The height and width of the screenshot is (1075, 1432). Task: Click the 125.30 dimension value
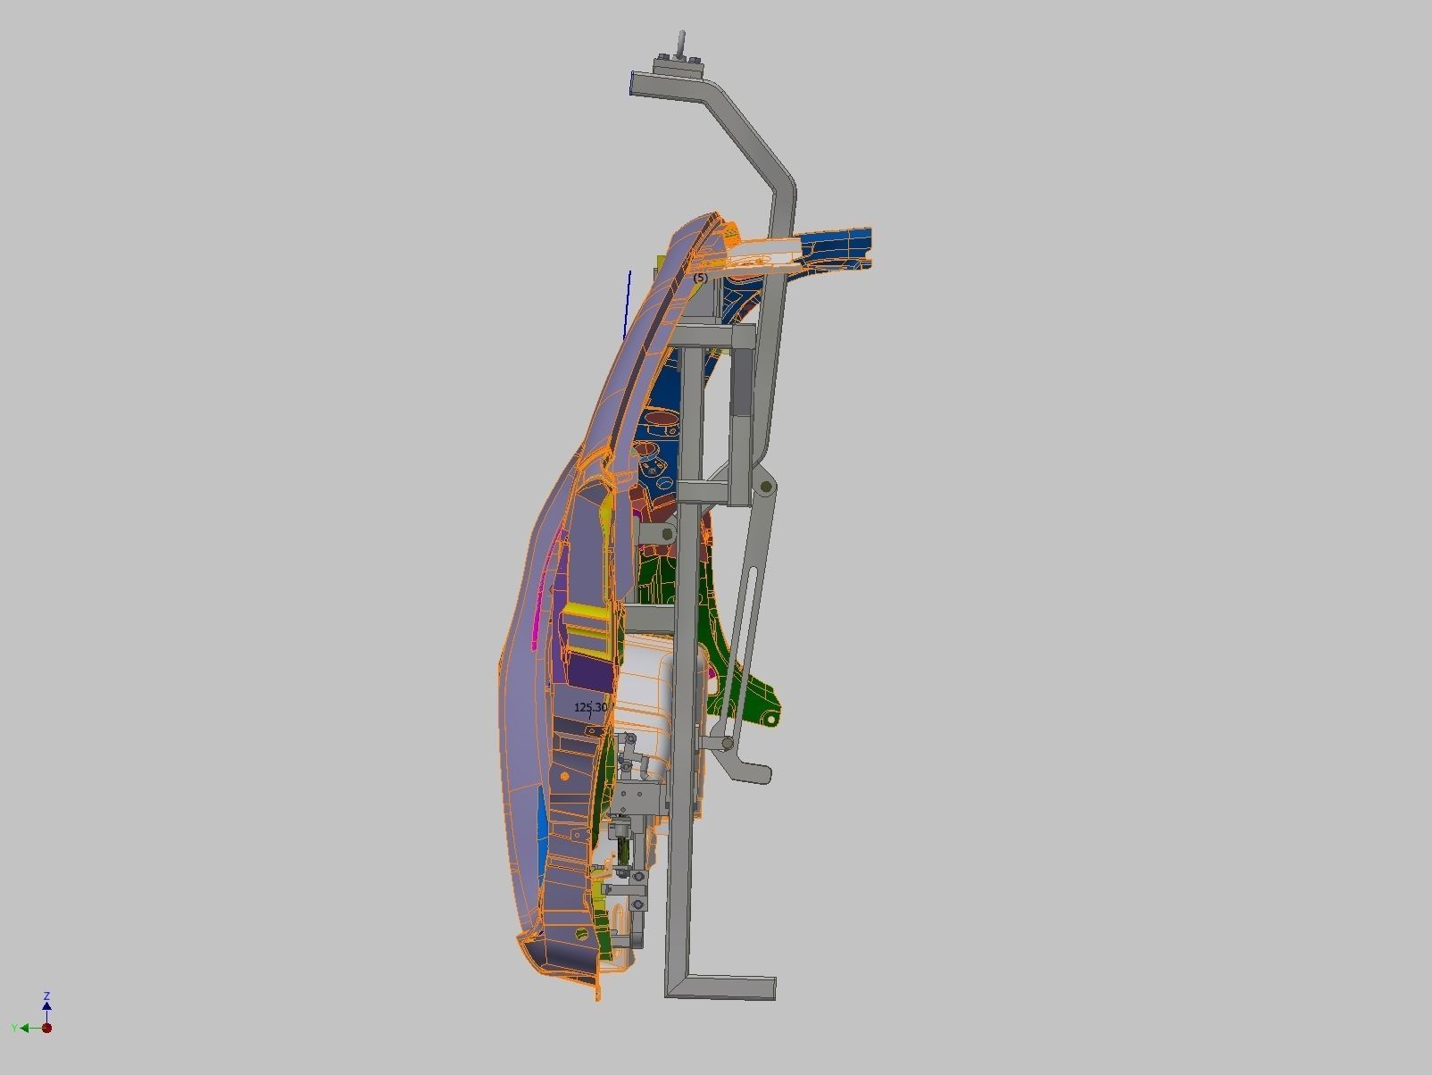[590, 707]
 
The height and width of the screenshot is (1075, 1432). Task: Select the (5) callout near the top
[700, 278]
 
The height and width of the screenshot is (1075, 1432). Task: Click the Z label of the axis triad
[46, 996]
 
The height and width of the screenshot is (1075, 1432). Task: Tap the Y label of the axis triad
[14, 1029]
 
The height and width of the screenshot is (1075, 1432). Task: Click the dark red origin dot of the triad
[47, 1028]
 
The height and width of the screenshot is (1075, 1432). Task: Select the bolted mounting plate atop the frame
[677, 65]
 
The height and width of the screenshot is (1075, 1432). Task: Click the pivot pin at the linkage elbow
[766, 487]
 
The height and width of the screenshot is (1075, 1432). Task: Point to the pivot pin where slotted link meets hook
[728, 743]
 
